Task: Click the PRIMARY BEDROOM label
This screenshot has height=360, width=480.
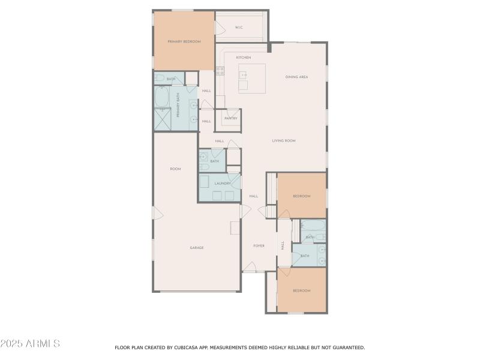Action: tap(184, 41)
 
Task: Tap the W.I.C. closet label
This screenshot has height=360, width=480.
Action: tap(239, 27)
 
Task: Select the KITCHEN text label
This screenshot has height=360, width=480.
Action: tap(243, 58)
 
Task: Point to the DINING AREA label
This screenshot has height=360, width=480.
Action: tap(296, 77)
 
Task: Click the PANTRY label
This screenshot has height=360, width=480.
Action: tap(230, 118)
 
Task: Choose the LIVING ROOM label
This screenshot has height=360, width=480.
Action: tap(284, 140)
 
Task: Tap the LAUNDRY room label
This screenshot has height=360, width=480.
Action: tap(214, 184)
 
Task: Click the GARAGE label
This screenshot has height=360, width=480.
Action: tap(197, 248)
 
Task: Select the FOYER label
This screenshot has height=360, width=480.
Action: tap(259, 245)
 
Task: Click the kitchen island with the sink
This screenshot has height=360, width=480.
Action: tap(251, 78)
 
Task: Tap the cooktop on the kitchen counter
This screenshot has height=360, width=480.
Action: tap(220, 71)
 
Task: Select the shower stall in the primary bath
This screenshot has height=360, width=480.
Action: tap(163, 119)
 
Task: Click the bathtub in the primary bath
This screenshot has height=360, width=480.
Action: tap(163, 96)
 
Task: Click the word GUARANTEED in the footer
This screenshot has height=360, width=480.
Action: tap(349, 347)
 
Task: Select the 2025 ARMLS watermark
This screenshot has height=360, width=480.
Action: tap(30, 344)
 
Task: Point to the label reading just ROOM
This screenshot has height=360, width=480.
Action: tap(175, 169)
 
